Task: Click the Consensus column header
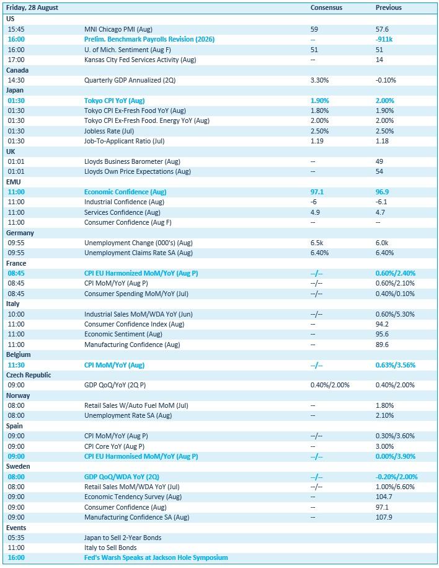pos(326,7)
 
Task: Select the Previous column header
pos(388,7)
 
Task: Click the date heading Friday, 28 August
pos(32,7)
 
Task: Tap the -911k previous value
pos(384,39)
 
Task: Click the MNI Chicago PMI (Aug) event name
pos(118,29)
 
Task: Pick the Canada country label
pos(17,70)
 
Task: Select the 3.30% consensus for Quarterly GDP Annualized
pos(319,80)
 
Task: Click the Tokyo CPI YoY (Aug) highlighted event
pos(114,101)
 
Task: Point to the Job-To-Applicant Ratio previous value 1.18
pos(382,141)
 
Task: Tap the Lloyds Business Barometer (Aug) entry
pos(132,161)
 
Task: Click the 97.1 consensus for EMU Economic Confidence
pos(317,192)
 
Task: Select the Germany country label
pos(20,233)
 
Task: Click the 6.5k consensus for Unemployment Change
pos(317,243)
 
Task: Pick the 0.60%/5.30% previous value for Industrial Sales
pos(395,314)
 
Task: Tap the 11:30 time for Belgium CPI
pos(16,365)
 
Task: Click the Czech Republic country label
pos(29,375)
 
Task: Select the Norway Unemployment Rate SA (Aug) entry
pos(128,415)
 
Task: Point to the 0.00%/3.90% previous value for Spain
pos(396,456)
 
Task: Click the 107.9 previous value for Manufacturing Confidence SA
pos(384,517)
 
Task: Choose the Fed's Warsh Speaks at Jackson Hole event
pos(156,557)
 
